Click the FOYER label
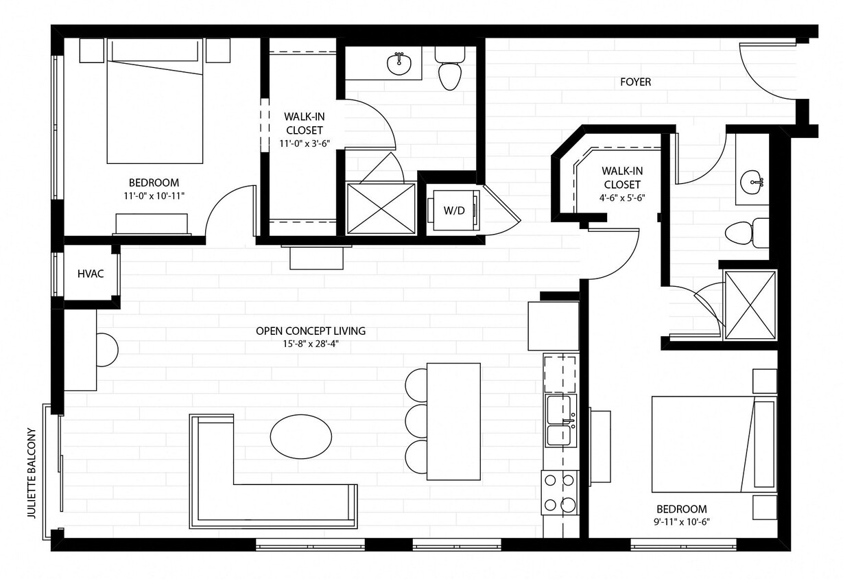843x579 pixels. click(635, 82)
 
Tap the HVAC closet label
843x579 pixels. click(91, 274)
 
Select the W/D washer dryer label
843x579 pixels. click(453, 211)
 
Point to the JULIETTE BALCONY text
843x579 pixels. click(31, 473)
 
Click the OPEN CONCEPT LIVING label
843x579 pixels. click(310, 331)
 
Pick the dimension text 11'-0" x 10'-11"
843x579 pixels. click(154, 196)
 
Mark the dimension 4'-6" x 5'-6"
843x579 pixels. click(621, 198)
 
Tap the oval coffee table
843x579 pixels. click(301, 435)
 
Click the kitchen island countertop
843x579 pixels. click(453, 421)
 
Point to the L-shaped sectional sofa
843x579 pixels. click(274, 504)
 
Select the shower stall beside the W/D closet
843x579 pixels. click(381, 209)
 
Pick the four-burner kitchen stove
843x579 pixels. click(560, 493)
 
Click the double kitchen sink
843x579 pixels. click(560, 421)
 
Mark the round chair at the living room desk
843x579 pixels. click(108, 348)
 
